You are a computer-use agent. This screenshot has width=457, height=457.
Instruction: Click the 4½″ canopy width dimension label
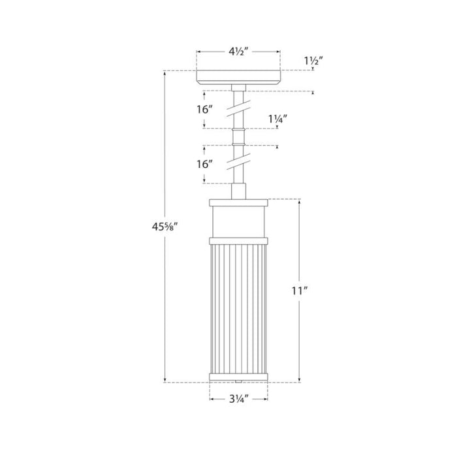[x=238, y=52]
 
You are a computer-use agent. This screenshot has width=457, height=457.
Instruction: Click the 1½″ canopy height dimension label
[x=313, y=61]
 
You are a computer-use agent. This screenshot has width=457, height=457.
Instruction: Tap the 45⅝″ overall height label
[x=165, y=227]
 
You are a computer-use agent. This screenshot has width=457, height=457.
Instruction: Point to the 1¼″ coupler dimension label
[x=277, y=119]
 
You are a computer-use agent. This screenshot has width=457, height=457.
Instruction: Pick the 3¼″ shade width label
[x=238, y=399]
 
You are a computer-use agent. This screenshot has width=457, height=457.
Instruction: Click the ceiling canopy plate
[x=238, y=78]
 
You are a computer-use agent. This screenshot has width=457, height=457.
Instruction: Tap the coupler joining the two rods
[x=238, y=136]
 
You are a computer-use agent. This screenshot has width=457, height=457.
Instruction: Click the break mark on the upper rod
[x=238, y=109]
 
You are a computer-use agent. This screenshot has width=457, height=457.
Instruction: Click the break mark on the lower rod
[x=238, y=161]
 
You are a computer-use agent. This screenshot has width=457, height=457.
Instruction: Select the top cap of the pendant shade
[x=238, y=202]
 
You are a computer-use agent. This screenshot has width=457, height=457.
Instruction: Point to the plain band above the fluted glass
[x=238, y=222]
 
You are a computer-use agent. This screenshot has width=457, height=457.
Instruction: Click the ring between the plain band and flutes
[x=238, y=241]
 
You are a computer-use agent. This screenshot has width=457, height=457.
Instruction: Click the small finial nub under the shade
[x=238, y=381]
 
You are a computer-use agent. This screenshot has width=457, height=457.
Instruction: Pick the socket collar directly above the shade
[x=238, y=191]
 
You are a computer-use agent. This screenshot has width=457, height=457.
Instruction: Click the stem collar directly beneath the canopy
[x=238, y=87]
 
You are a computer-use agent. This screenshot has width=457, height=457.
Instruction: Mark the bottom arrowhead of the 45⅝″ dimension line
[x=165, y=380]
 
